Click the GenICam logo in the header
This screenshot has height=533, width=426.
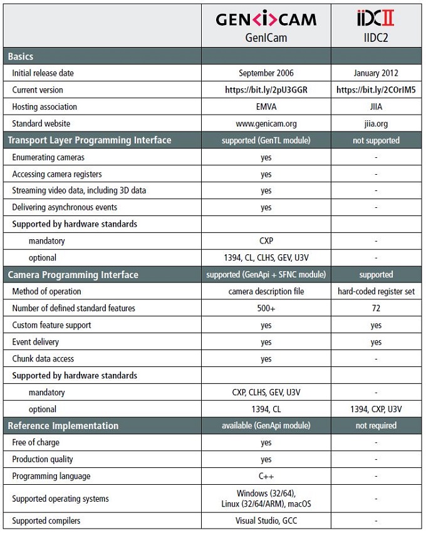[266, 19]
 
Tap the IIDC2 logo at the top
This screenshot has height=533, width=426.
[375, 18]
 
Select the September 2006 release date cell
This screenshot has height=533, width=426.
[266, 73]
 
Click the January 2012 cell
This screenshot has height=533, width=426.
[376, 73]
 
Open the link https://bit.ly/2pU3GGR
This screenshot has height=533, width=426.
[266, 90]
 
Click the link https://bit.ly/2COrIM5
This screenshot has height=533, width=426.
[376, 90]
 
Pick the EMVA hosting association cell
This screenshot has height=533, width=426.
[266, 107]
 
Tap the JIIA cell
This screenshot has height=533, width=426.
[376, 107]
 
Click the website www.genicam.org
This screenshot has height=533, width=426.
[266, 123]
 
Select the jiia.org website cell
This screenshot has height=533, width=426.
[376, 123]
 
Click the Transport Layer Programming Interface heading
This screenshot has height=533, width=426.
[90, 140]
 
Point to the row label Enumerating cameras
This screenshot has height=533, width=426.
[48, 157]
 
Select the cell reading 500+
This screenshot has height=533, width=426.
[266, 308]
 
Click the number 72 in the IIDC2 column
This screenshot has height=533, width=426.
[376, 308]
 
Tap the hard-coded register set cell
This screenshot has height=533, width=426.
[376, 291]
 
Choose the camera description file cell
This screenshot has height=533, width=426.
[266, 291]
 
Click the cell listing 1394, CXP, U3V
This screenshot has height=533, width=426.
[376, 409]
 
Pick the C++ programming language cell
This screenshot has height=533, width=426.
[266, 476]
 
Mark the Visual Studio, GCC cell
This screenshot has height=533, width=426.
[266, 520]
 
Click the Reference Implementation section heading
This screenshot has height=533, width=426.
[63, 426]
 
